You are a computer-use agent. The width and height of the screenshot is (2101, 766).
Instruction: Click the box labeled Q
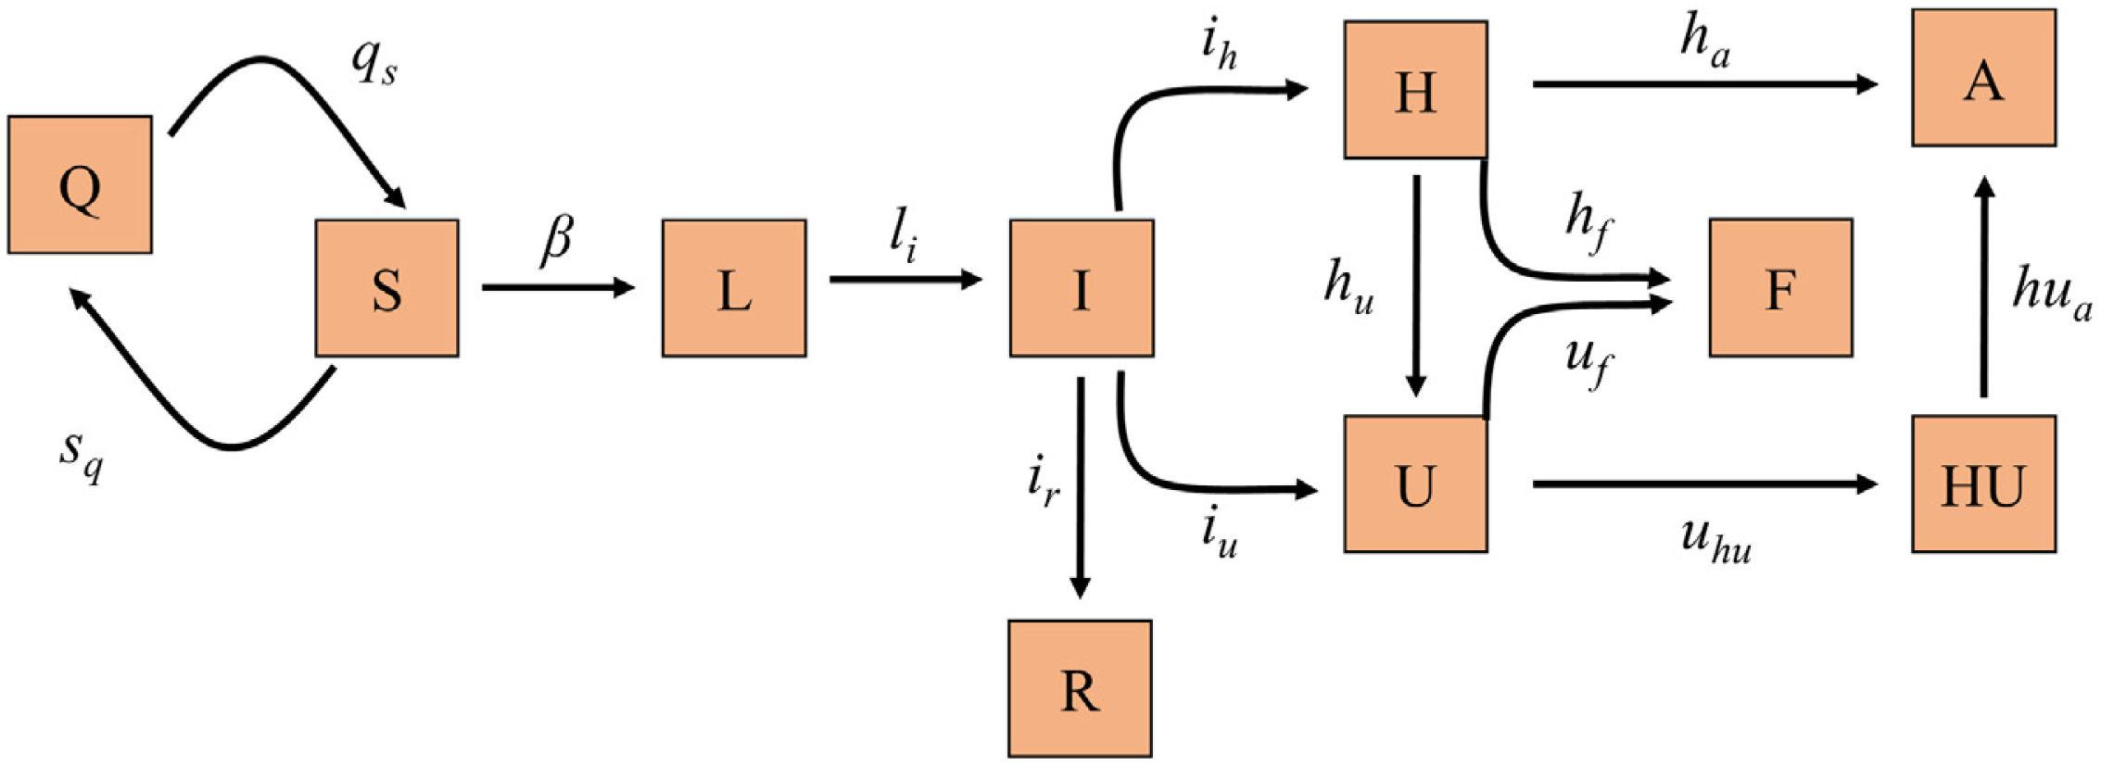[x=80, y=184]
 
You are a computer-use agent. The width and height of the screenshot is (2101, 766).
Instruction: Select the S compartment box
[x=386, y=288]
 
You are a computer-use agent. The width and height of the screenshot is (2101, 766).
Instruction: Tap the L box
[x=734, y=288]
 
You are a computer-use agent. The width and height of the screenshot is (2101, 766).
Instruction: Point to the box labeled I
[x=1082, y=288]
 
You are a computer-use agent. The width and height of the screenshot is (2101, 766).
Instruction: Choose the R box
[x=1080, y=688]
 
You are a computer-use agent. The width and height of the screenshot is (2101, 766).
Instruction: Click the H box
[x=1415, y=90]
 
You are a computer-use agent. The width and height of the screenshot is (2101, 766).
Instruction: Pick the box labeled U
[x=1415, y=483]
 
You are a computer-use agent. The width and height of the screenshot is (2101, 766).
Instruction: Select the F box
[x=1780, y=288]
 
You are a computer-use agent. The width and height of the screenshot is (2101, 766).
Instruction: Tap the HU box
[x=1983, y=483]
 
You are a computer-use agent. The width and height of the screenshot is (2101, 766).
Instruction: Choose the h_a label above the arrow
[x=1704, y=46]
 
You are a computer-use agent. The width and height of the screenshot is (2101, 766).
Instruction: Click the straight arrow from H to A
[x=1704, y=84]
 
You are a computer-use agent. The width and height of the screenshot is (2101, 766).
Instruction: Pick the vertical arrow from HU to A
[x=1983, y=287]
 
